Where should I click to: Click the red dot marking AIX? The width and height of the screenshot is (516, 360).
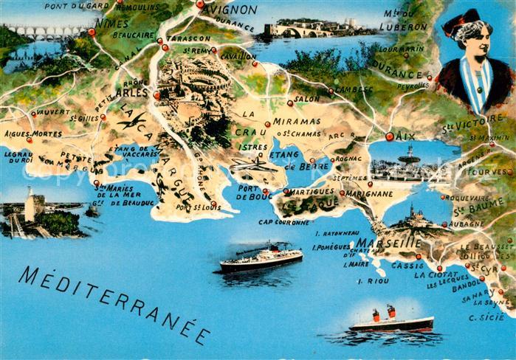tap(390, 136)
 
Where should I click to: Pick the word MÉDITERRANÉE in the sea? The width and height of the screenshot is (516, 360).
tap(114, 302)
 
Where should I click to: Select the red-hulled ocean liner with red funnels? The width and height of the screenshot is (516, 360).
tap(391, 321)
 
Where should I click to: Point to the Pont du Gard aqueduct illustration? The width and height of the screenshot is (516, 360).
tap(44, 32)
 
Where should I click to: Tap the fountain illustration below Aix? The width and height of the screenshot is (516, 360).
tap(408, 158)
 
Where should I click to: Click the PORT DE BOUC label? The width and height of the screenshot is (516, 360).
tap(255, 192)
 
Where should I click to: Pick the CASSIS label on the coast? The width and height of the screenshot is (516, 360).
tap(407, 265)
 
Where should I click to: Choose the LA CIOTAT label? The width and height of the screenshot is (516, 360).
tap(431, 274)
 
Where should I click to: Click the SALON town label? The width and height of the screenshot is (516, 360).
tap(307, 98)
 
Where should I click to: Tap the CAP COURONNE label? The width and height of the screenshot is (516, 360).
tap(284, 221)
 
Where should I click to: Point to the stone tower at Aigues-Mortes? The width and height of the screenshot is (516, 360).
tap(32, 205)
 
